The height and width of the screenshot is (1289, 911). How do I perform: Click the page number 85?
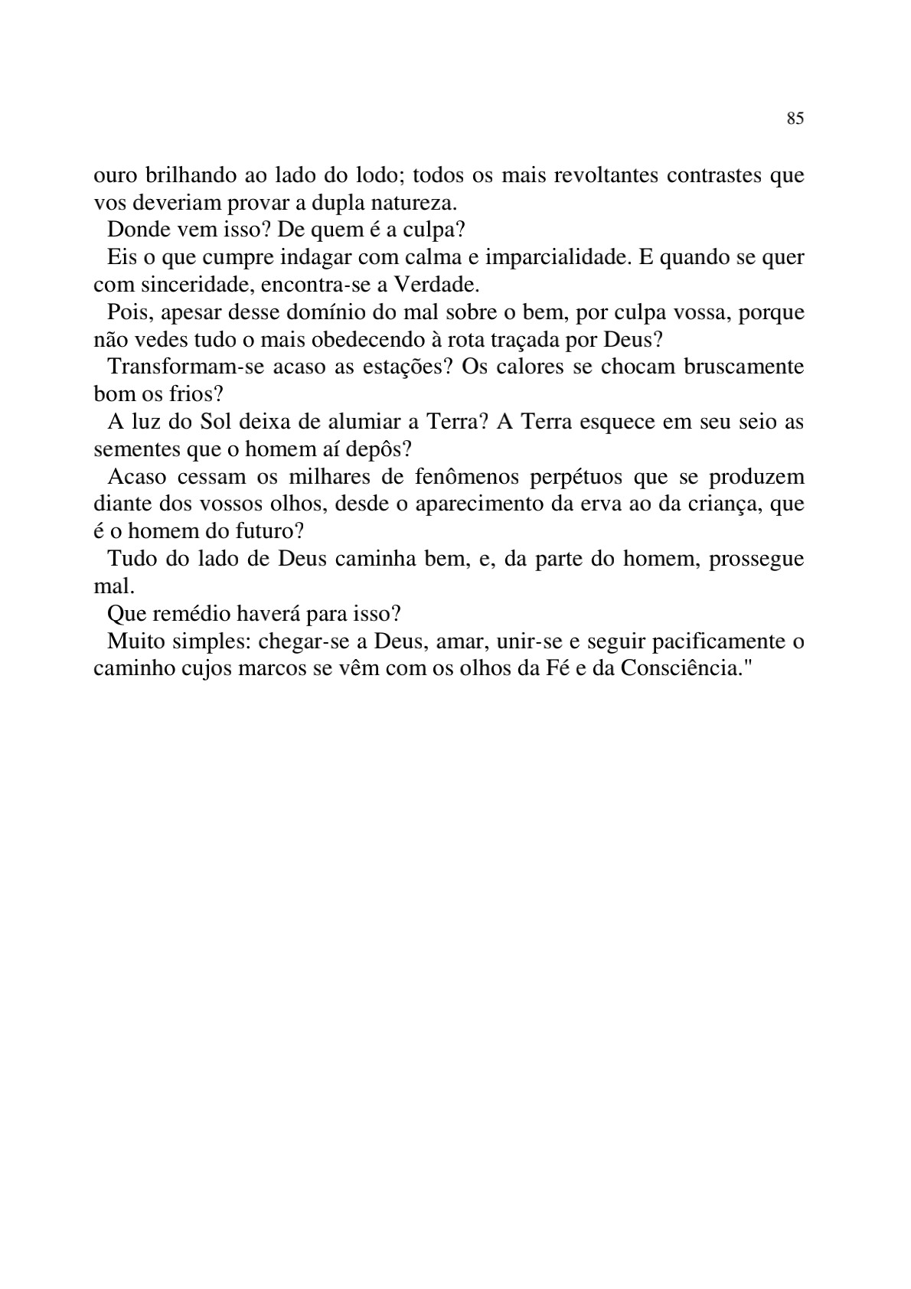coord(795,119)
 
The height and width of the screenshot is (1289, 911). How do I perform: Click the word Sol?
coord(215,422)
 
